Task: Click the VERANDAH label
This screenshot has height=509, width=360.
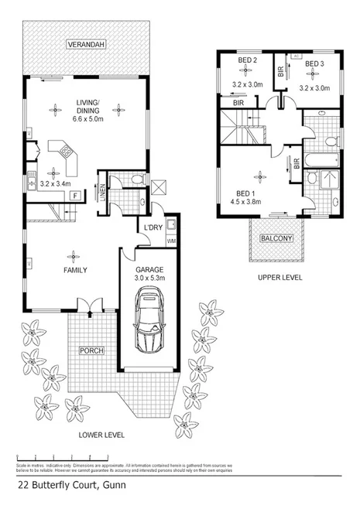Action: click(x=85, y=45)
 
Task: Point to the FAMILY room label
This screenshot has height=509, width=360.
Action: click(x=74, y=270)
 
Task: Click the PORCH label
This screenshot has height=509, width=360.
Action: click(x=91, y=350)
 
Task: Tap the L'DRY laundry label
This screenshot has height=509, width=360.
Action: click(x=152, y=227)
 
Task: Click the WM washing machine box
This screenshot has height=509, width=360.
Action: click(x=171, y=241)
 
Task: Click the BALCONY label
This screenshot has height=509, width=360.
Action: click(x=276, y=238)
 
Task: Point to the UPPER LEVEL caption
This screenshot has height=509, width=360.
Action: click(x=280, y=277)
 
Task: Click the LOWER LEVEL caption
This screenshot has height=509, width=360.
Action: click(x=101, y=436)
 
